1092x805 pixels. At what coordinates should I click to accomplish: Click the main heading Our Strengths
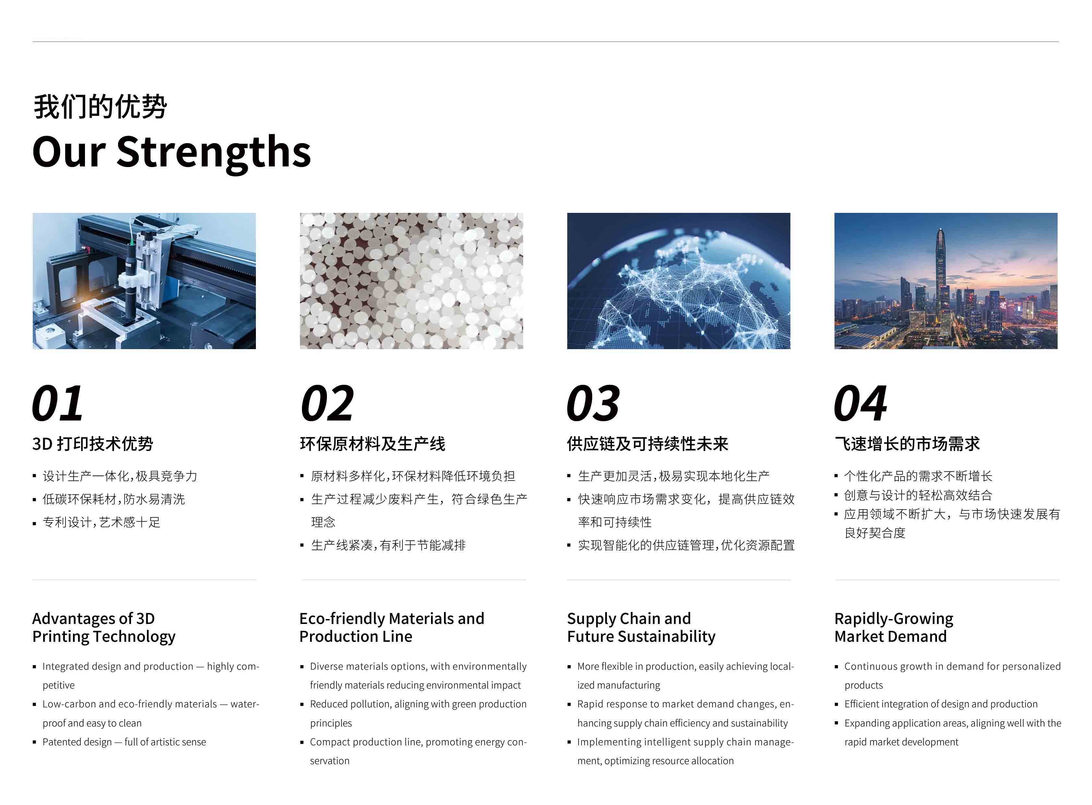172,152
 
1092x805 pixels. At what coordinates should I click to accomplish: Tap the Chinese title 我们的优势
100,107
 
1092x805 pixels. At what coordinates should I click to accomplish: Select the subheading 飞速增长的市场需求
907,444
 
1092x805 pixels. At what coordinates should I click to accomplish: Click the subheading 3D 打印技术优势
92,444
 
